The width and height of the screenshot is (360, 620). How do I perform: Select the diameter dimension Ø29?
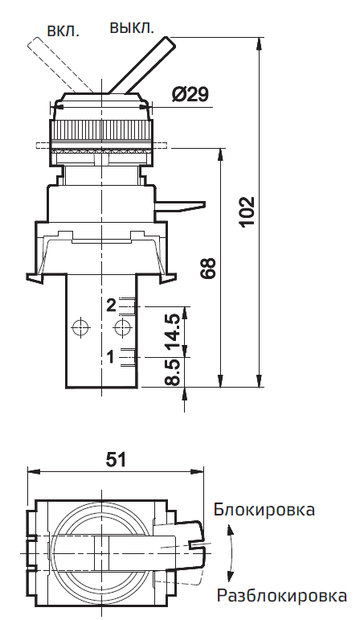190,95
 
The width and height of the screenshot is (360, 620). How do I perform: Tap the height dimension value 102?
248,213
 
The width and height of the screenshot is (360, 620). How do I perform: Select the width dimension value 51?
117,459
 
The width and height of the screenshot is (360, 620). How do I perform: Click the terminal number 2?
112,305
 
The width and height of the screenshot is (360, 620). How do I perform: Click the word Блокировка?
264,510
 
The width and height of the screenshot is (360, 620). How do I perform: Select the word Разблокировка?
281,596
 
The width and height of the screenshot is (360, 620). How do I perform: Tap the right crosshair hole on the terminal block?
123,327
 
